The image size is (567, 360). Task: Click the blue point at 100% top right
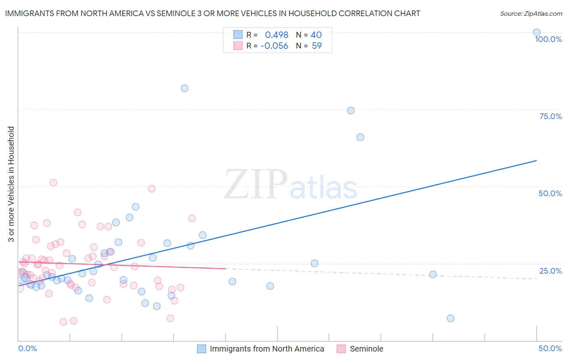click(x=536, y=32)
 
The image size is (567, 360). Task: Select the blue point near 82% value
click(x=184, y=88)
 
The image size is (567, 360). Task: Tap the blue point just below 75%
click(x=351, y=111)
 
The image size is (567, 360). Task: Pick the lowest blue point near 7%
click(x=450, y=318)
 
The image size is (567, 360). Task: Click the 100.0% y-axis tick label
click(x=548, y=39)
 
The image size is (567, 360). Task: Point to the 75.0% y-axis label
click(x=550, y=116)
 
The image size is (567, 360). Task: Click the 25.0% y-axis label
click(x=550, y=271)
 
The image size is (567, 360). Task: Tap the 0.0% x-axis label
click(x=27, y=348)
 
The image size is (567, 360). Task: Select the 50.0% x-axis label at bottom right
click(x=550, y=348)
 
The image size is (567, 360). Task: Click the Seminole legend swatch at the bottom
click(x=341, y=349)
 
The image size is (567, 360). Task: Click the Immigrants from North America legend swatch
click(x=202, y=349)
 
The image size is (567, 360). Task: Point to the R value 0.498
click(x=276, y=35)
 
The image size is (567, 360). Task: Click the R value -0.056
click(x=274, y=46)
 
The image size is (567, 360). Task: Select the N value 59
click(x=317, y=46)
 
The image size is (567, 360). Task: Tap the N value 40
click(x=316, y=35)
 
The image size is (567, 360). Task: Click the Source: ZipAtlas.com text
click(x=531, y=14)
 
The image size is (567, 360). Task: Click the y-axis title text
click(x=11, y=184)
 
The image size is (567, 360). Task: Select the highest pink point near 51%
click(x=53, y=182)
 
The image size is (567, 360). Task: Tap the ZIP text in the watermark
click(x=256, y=184)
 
